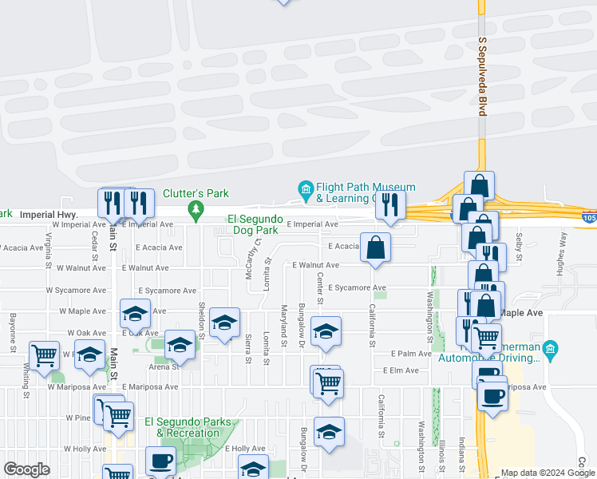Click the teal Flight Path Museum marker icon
(305, 188)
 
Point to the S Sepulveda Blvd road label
(482, 76)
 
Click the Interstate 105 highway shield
(589, 217)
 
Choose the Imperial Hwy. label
(48, 215)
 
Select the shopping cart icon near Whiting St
(45, 354)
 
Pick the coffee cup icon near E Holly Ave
(160, 461)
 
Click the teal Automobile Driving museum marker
(549, 349)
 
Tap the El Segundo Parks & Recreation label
(182, 427)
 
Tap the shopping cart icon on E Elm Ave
(327, 382)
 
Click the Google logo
(26, 469)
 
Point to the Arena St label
(164, 367)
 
